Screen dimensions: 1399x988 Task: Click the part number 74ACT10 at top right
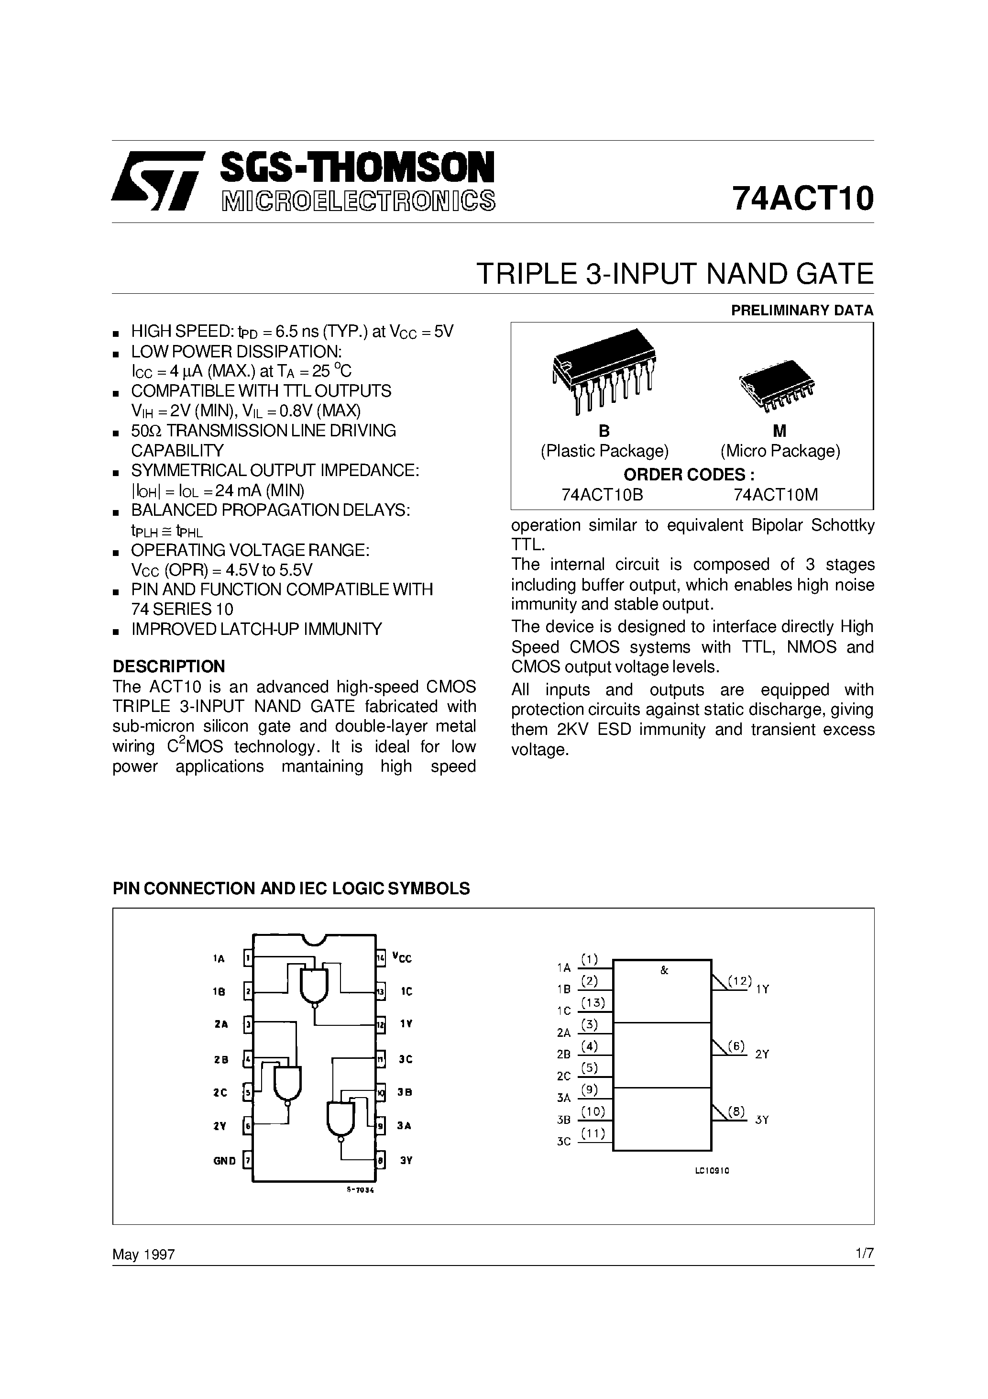point(802,198)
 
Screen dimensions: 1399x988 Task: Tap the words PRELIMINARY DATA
point(802,310)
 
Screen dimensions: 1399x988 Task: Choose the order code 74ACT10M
point(776,495)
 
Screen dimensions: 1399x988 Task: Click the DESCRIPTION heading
point(169,666)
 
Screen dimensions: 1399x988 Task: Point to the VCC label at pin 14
point(402,958)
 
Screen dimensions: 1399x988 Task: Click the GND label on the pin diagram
point(224,1161)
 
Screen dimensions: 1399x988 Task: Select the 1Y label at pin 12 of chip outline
point(406,1025)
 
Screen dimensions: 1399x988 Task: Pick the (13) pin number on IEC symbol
point(593,1002)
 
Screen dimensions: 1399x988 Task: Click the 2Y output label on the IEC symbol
point(762,1055)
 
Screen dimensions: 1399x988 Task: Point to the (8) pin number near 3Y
point(736,1111)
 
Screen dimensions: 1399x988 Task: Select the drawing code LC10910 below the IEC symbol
point(712,1171)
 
